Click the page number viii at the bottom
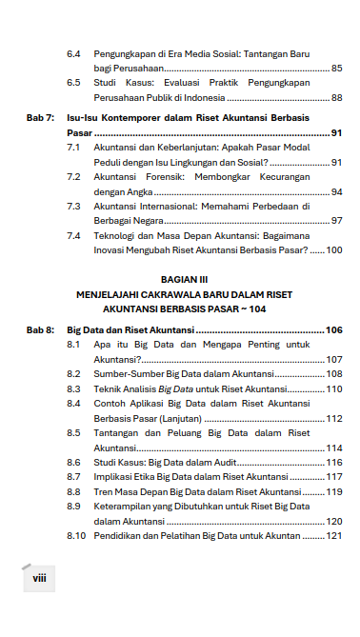coord(39,576)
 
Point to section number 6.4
coord(73,54)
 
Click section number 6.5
coord(73,83)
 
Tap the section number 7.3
coord(73,207)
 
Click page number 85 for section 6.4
coord(336,69)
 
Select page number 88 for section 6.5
coord(336,97)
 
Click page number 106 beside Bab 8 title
coord(333,329)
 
